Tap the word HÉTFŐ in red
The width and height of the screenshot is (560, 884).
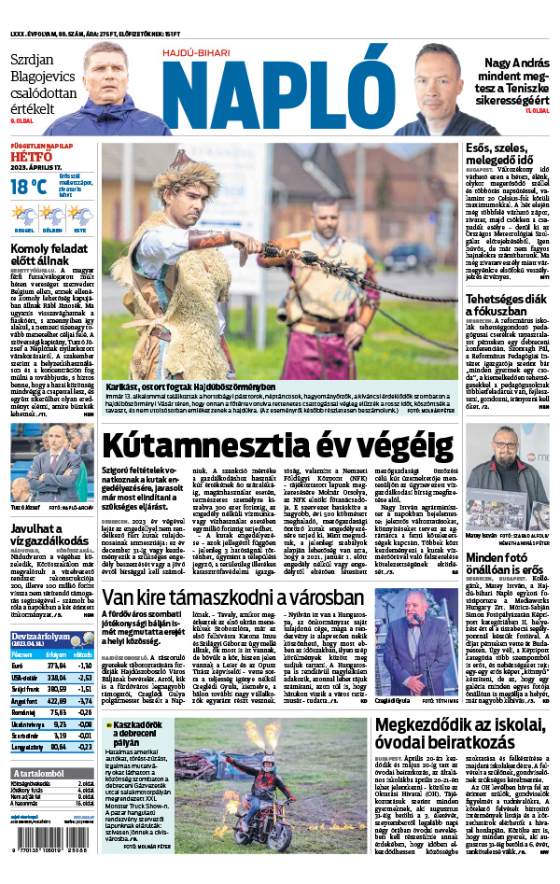point(33,158)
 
